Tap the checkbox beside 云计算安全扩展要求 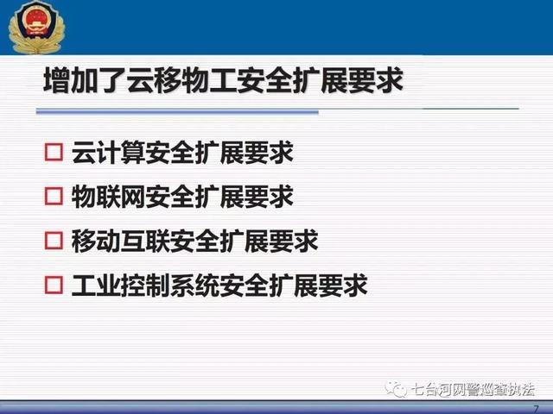point(54,152)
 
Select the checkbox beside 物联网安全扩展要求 point(54,196)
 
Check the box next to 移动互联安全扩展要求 point(54,241)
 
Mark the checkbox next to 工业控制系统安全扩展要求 point(54,285)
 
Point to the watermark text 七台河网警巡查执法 point(473,389)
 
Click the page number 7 point(536,409)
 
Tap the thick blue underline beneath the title point(177,112)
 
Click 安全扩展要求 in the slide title point(320,80)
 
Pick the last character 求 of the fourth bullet point(355,285)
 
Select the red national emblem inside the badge point(36,21)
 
